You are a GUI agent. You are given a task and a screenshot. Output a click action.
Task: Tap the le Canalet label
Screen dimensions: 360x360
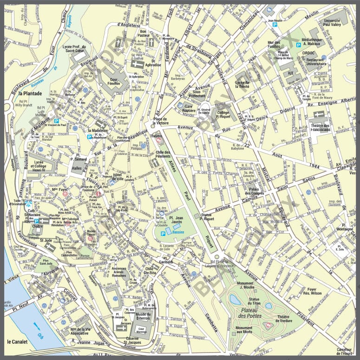tap(17, 342)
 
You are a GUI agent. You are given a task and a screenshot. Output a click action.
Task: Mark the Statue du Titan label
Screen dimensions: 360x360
tap(254, 301)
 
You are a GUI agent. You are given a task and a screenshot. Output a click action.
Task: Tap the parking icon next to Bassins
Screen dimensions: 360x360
tap(163, 233)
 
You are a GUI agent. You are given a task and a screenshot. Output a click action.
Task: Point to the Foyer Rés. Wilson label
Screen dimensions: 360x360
tap(312, 291)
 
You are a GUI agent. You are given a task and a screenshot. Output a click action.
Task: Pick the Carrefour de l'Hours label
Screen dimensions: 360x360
tap(345, 351)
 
